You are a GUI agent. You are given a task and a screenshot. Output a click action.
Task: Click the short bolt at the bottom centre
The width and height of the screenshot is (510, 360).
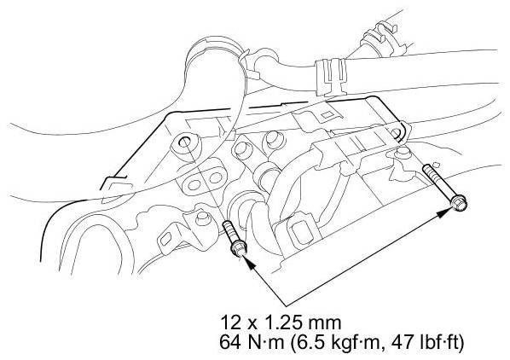click(234, 238)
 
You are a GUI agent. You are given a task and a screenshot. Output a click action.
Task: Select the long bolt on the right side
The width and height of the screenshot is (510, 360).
click(444, 188)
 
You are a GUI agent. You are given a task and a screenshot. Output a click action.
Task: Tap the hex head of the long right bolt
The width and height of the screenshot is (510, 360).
click(459, 204)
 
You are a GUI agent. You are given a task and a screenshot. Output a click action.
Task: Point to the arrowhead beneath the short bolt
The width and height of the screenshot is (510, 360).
click(248, 263)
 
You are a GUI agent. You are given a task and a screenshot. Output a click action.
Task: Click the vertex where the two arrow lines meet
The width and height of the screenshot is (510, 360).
click(286, 306)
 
